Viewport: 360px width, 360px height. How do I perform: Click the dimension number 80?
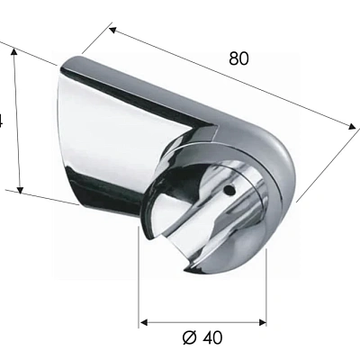click(238, 58)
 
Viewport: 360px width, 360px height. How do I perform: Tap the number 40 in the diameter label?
click(211, 338)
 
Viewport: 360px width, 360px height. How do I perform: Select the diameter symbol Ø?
click(189, 338)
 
